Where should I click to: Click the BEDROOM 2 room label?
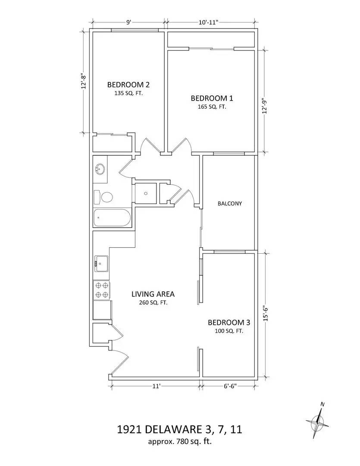click(128, 84)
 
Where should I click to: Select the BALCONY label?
click(229, 203)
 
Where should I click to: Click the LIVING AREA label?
click(153, 294)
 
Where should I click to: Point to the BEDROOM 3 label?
click(229, 322)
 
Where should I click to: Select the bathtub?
click(111, 218)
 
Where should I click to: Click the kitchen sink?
click(102, 262)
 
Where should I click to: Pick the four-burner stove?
click(102, 290)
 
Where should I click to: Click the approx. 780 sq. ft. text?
click(179, 441)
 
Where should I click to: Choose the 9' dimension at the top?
click(128, 22)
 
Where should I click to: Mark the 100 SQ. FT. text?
click(229, 331)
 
